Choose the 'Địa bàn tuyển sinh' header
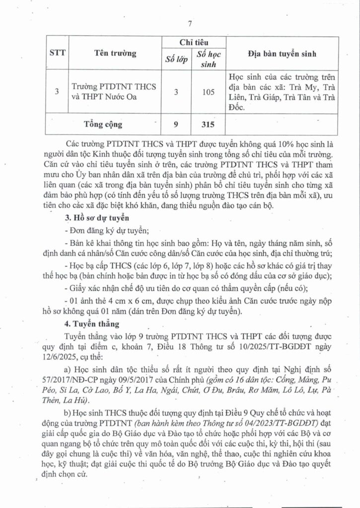tap(282, 54)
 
